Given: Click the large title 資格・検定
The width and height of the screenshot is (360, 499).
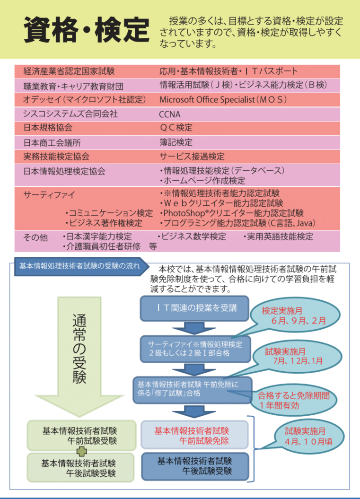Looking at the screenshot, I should [x=87, y=30].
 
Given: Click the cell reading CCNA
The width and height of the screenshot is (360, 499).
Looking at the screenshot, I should [x=170, y=114].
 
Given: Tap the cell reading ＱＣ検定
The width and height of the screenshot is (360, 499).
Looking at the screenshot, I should [x=176, y=128].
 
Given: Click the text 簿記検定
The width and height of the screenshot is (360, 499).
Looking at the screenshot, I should [x=176, y=142].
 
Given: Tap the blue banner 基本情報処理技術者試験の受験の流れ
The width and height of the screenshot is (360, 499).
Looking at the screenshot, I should [x=79, y=266].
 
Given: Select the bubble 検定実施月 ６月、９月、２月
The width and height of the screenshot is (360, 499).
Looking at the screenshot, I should [x=291, y=315].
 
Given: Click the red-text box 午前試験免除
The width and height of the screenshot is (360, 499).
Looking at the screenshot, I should [x=194, y=435].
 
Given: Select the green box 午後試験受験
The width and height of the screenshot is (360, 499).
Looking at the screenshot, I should [x=79, y=467].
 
